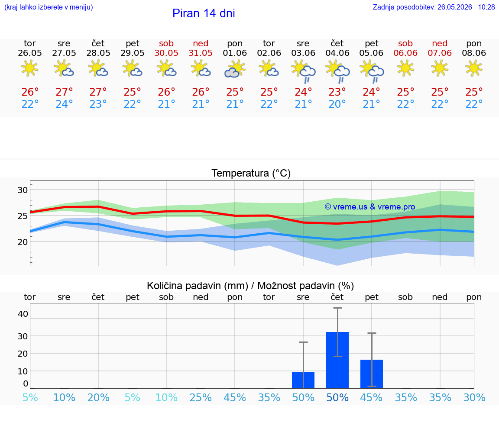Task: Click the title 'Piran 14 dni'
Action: tap(204, 13)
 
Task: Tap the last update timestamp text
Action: tap(434, 7)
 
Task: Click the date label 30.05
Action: tap(166, 53)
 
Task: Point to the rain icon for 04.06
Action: tap(337, 72)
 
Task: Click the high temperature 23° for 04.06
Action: tap(337, 92)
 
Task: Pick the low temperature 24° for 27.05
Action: tap(64, 104)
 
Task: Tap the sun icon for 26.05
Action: tap(29, 68)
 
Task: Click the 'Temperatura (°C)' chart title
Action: tap(251, 173)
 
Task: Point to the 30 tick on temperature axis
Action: tap(23, 190)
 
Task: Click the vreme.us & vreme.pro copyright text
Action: tap(370, 207)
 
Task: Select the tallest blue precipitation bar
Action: tap(337, 360)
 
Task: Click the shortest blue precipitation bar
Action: tap(303, 380)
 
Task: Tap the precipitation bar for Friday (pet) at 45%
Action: tap(372, 374)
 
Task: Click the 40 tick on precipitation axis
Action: tap(23, 314)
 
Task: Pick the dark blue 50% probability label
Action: tap(337, 397)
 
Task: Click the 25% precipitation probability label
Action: tap(201, 397)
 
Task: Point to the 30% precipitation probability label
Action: tap(474, 397)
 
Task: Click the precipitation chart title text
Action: tap(250, 286)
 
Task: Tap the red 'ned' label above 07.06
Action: tap(440, 43)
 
